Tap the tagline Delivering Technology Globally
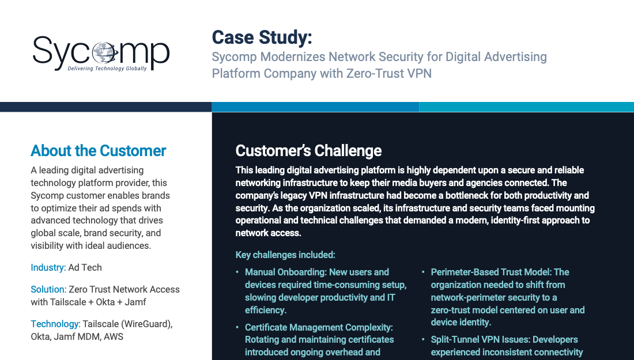(107, 69)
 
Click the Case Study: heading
(262, 37)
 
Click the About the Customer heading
(98, 151)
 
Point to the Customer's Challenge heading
(308, 151)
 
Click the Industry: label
(48, 267)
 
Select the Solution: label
(48, 289)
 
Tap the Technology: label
(55, 324)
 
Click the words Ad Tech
(85, 267)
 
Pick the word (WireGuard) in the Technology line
(147, 324)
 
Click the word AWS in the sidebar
(113, 336)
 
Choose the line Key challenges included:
(285, 255)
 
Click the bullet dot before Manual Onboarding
(237, 272)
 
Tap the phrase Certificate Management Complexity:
(319, 327)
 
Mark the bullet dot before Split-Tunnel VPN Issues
(423, 339)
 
